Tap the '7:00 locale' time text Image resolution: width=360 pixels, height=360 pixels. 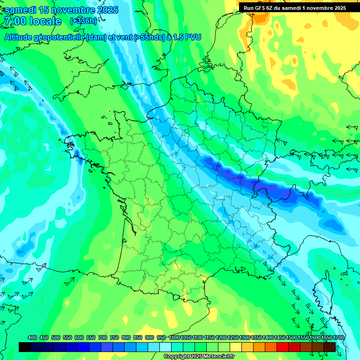(x=32, y=21)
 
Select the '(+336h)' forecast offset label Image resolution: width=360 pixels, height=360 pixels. (x=83, y=21)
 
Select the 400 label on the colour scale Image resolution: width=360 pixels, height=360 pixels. (x=32, y=337)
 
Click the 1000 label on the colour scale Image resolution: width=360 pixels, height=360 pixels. (x=174, y=337)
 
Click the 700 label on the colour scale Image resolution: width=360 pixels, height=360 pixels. (x=103, y=337)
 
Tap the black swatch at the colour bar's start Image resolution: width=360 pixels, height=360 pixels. (x=25, y=347)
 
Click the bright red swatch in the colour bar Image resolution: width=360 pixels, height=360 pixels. (x=283, y=347)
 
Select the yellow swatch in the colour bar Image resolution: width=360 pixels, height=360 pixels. (x=236, y=347)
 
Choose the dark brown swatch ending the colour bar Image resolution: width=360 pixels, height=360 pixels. (x=330, y=347)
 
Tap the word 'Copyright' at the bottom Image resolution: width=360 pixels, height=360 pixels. (x=175, y=356)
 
